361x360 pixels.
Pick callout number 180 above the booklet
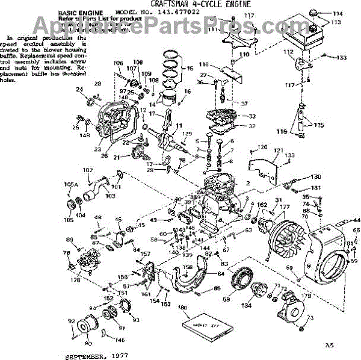tap(183, 308)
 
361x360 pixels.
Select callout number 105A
tap(70, 184)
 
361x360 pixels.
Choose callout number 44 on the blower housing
tap(356, 221)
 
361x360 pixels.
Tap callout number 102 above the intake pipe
tap(88, 170)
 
